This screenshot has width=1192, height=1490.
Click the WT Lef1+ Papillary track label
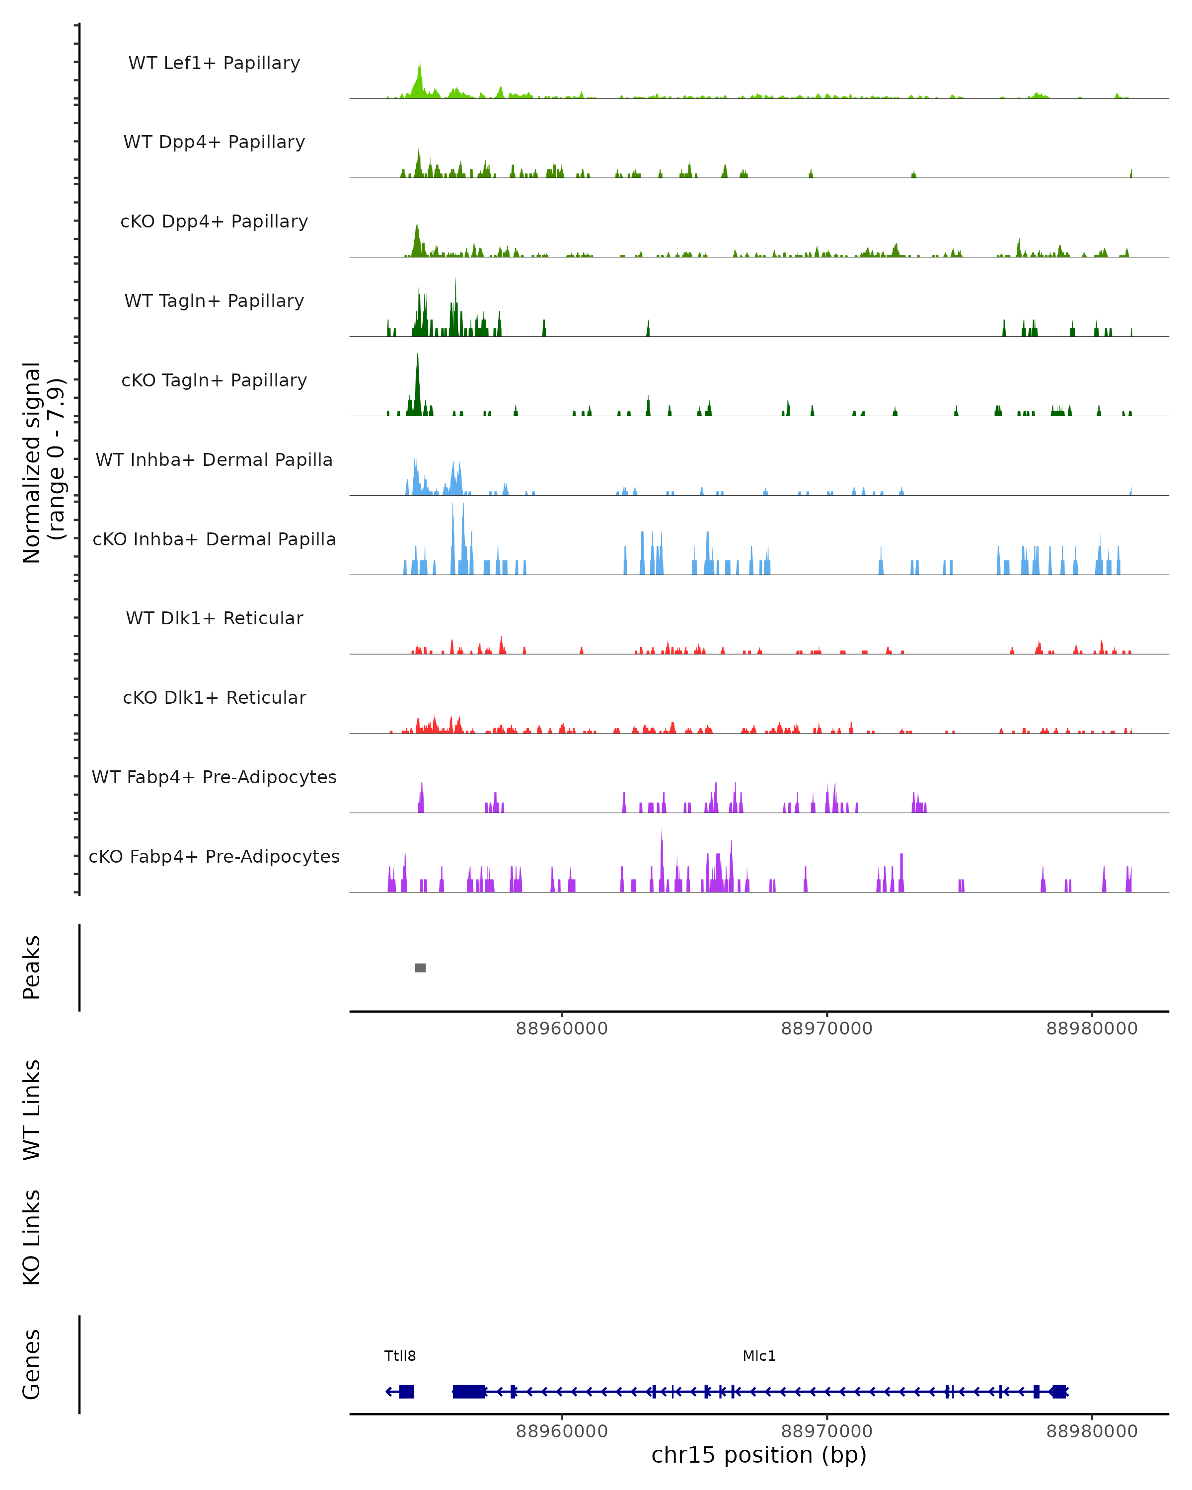click(x=214, y=63)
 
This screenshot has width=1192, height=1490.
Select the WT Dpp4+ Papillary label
click(x=214, y=142)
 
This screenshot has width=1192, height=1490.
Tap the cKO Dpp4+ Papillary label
click(x=214, y=221)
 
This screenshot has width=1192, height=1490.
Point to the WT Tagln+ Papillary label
click(x=214, y=300)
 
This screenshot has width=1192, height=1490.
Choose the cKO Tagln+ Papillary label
click(x=214, y=380)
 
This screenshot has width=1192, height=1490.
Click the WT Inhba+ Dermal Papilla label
click(x=214, y=459)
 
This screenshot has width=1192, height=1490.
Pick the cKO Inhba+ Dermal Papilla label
click(x=214, y=539)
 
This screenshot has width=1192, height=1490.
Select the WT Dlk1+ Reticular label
click(x=214, y=618)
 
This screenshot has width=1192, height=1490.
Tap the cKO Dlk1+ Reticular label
click(x=214, y=697)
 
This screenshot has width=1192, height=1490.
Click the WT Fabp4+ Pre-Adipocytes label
click(x=214, y=777)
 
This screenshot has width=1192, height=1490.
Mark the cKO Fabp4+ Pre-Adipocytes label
click(x=214, y=856)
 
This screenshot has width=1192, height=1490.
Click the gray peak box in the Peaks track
click(x=420, y=968)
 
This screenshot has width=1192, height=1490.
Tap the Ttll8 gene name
click(x=400, y=1356)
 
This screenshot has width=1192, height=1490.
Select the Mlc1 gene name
click(x=759, y=1356)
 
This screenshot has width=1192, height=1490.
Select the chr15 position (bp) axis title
click(x=759, y=1455)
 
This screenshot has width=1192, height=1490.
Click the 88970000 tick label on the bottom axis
click(x=826, y=1431)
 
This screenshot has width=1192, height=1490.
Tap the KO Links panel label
click(x=32, y=1237)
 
